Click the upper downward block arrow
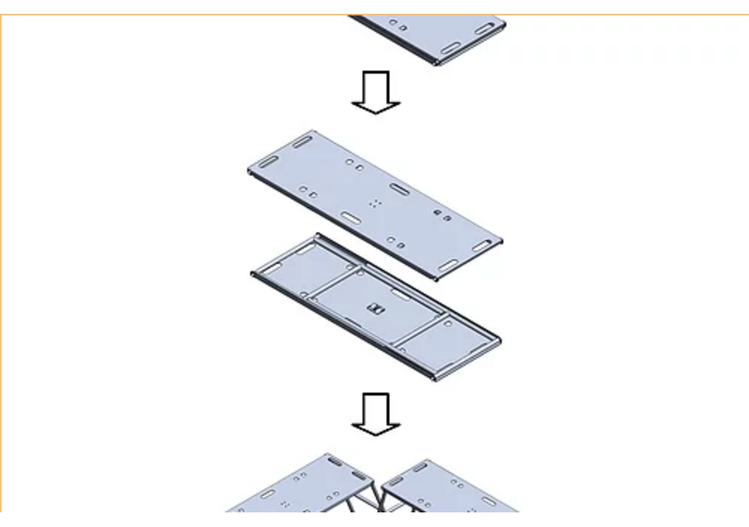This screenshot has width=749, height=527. [375, 91]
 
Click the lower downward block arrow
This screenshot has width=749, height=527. [375, 413]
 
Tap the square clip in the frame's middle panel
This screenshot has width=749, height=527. [375, 307]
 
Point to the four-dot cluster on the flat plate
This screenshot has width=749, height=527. [374, 203]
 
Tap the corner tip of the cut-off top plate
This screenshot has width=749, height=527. [438, 62]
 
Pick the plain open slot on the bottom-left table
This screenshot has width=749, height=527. [266, 494]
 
